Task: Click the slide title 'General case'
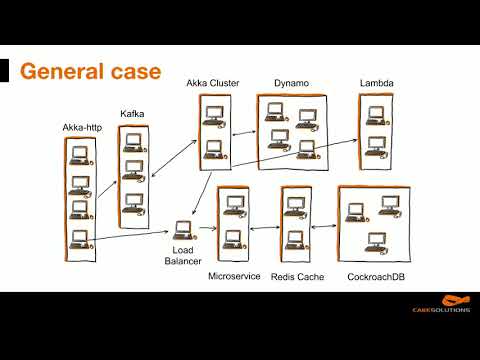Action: point(91,72)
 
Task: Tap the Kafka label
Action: point(132,114)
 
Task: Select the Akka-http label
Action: point(82,127)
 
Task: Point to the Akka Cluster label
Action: point(213,83)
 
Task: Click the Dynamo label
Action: point(291,83)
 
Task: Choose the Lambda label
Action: point(377,83)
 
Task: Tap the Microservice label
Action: point(234,276)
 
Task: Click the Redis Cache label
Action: point(297,277)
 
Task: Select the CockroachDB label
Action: point(376,277)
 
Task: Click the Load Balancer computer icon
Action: point(184,231)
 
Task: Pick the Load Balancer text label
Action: point(183,255)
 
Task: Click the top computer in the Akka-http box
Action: point(81,156)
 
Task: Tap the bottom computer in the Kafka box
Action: point(133,204)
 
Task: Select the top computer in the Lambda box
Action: point(377,116)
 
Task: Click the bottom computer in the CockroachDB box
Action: point(377,242)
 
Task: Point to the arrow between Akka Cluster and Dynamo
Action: point(244,133)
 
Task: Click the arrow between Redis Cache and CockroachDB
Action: point(324,227)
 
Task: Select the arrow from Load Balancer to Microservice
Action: point(208,228)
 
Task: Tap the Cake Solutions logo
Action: point(441,304)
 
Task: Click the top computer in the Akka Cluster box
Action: point(214,116)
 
